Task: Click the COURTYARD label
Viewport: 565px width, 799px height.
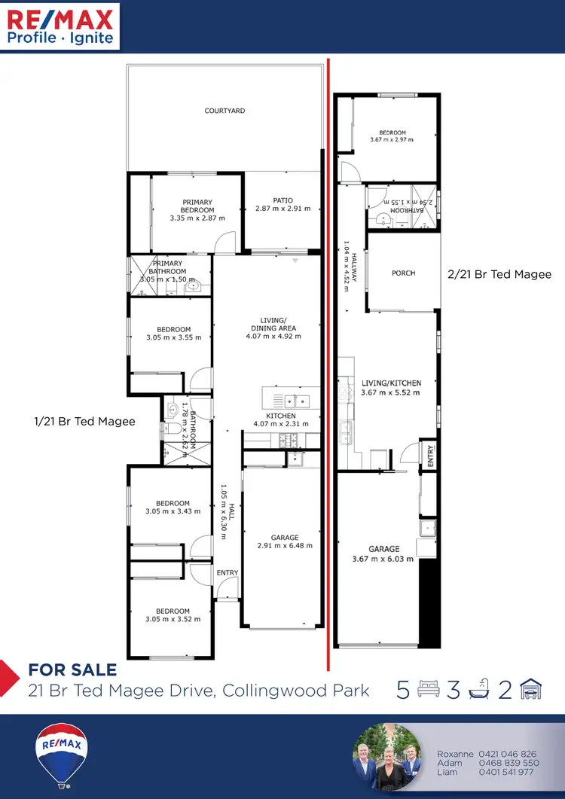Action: pos(224,111)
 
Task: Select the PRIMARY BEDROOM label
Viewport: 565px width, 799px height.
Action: pos(197,206)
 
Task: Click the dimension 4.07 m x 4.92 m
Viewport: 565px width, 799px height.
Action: pos(273,337)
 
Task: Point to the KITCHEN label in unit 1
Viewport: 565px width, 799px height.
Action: pos(281,416)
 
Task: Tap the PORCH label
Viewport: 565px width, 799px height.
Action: pos(404,273)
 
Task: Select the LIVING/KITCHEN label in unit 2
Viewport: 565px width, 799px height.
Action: pos(391,383)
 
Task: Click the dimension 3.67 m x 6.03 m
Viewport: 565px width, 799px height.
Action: pos(384,560)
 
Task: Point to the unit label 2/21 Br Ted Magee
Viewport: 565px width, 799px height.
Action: pos(499,275)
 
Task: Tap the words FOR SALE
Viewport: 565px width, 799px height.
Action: pos(72,670)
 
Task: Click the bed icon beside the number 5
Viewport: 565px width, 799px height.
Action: pos(428,690)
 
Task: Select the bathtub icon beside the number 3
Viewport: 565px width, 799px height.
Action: pos(480,690)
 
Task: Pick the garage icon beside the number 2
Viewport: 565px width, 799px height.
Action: pos(531,690)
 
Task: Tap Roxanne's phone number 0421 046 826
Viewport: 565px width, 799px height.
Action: pos(508,754)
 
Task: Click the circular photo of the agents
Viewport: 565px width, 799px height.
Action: pos(386,757)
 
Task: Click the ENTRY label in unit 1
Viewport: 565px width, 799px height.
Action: pos(227,573)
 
